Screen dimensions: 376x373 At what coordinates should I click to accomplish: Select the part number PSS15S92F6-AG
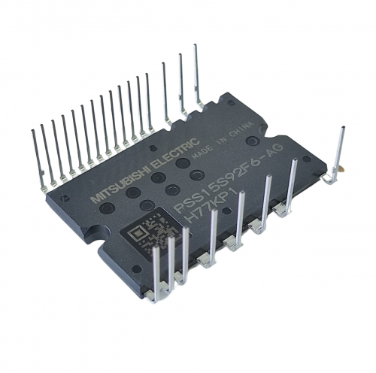228,177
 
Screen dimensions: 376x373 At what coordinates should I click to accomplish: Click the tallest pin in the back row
197,77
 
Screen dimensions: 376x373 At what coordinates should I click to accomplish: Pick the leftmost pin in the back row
38,159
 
